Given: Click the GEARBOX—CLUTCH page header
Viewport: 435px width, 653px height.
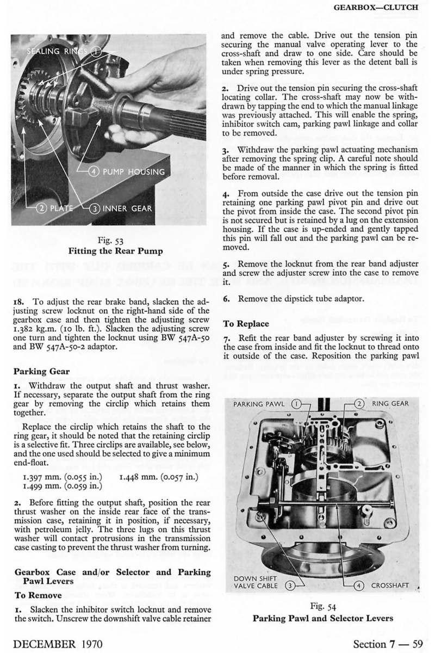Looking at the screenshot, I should point(383,8).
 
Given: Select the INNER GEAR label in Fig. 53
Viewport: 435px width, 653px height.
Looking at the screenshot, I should point(127,208).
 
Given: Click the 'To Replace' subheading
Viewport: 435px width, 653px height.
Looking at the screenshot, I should point(246,324).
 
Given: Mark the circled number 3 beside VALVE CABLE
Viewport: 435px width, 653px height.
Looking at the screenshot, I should point(291,586).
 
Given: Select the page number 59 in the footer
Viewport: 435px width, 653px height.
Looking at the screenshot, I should point(417,642).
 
